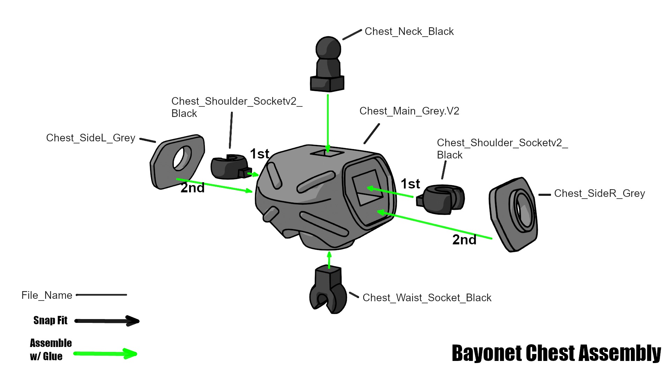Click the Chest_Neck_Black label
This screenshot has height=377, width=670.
409,31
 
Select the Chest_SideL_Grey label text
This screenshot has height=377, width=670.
90,138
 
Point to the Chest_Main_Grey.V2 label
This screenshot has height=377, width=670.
409,111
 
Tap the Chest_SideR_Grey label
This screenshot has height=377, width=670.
599,193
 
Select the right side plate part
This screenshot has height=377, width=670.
513,214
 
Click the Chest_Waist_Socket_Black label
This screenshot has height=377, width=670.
426,298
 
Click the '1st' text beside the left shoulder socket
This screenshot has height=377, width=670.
259,154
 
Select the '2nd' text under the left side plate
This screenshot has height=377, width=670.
192,188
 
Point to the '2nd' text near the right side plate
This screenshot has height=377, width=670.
464,240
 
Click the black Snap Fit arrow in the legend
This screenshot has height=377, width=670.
107,321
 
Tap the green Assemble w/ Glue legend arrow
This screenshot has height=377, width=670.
105,354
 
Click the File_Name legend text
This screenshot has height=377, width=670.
47,295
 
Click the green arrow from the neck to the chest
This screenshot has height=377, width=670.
328,122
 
